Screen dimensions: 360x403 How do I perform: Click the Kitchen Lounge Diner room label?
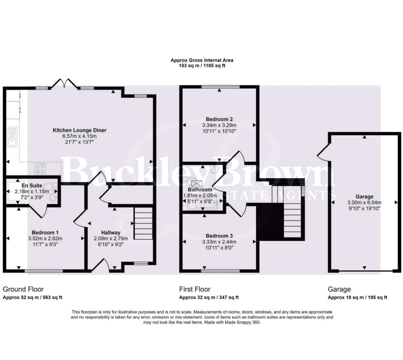[79, 130]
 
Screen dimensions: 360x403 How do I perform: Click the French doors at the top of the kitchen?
[64, 83]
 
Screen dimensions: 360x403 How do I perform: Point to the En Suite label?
[32, 185]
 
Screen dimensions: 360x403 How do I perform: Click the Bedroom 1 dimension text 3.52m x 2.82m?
[45, 239]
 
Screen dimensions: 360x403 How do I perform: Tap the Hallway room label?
[111, 232]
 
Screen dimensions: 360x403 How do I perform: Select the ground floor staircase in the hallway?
[143, 223]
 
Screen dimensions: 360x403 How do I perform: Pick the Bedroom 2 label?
[219, 119]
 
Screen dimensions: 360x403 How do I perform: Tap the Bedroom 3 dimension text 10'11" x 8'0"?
[219, 247]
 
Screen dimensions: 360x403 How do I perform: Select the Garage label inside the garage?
[364, 196]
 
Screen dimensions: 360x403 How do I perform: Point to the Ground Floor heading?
[23, 289]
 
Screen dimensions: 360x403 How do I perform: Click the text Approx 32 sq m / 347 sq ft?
[209, 298]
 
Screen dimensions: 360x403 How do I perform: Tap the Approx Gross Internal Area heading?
[202, 60]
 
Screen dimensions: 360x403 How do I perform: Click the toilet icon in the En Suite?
[50, 186]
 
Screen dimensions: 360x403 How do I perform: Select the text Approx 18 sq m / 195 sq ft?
[357, 298]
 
